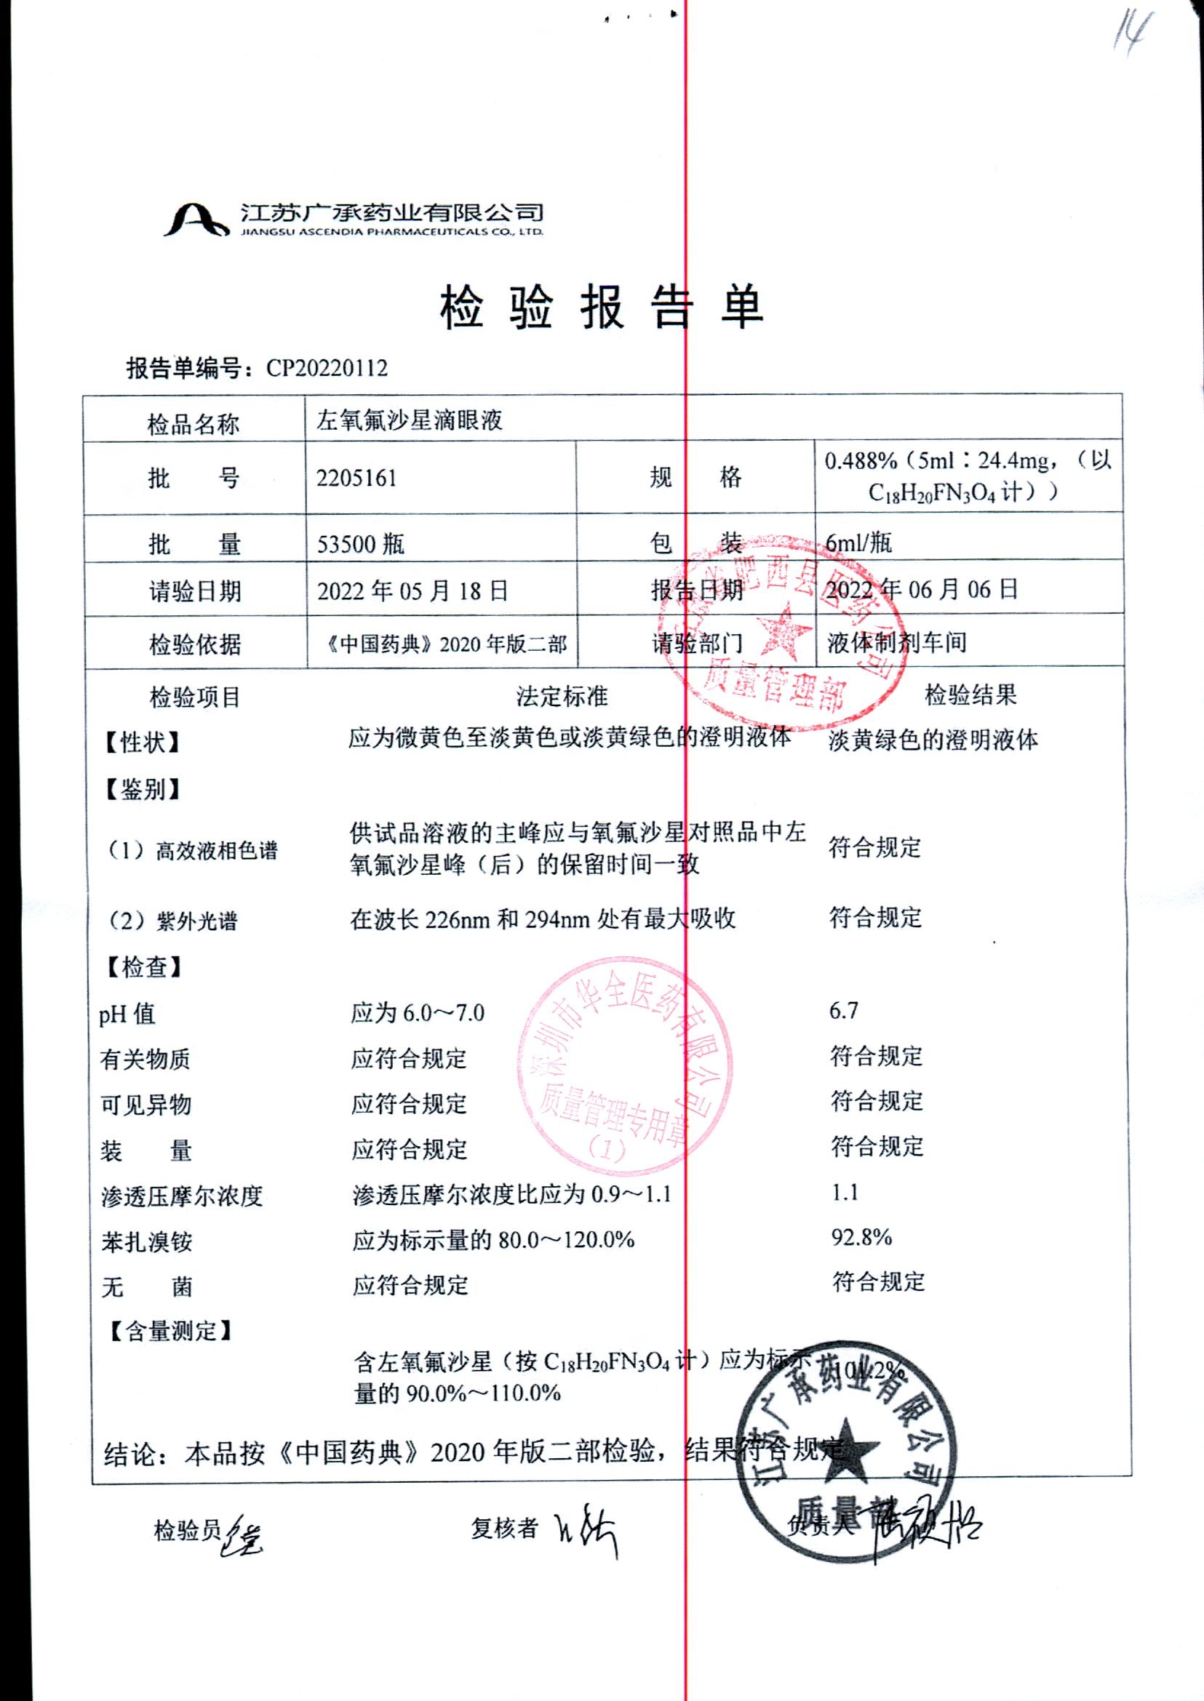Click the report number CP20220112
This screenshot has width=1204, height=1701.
pos(326,369)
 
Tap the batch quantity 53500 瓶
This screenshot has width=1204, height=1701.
pos(360,544)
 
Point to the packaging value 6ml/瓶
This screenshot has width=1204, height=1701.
pos(858,543)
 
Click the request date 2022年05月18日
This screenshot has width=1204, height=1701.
pos(412,591)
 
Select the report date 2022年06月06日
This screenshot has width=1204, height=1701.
pos(922,589)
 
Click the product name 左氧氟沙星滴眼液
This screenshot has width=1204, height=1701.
pos(410,421)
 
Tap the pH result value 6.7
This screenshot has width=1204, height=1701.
pos(844,1010)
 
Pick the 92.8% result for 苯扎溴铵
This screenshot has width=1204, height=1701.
pos(861,1236)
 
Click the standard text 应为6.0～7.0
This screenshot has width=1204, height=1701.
pos(418,1012)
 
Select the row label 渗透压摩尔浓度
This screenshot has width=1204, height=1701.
pos(182,1196)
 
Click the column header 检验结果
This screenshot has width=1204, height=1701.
pos(970,695)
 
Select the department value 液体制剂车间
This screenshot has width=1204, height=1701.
pos(897,642)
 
